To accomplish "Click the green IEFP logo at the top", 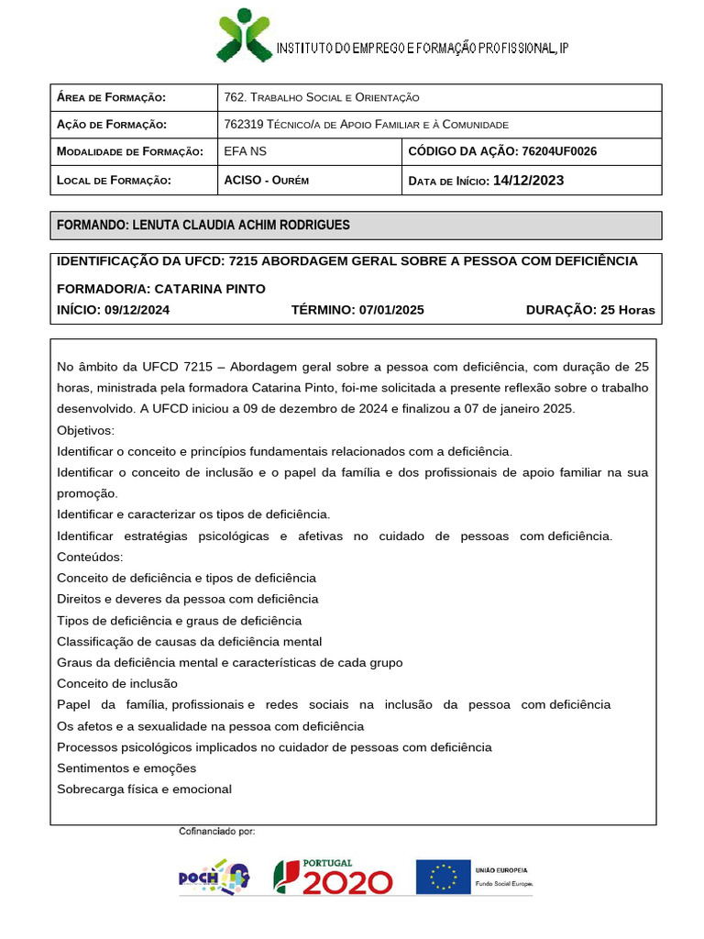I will pyautogui.click(x=244, y=35).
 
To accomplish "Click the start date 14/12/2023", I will pyautogui.click(x=528, y=181).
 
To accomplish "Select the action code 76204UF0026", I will pyautogui.click(x=558, y=151).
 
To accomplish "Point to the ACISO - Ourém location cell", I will pyautogui.click(x=267, y=181).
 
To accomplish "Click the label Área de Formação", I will pyautogui.click(x=111, y=98).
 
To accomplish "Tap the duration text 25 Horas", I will pyautogui.click(x=627, y=310).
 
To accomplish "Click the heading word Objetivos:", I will pyautogui.click(x=86, y=430).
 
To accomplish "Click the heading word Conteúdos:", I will pyautogui.click(x=89, y=557).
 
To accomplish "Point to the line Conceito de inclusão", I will pyautogui.click(x=117, y=683).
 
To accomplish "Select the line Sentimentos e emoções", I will pyautogui.click(x=126, y=768).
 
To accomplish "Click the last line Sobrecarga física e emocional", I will pyautogui.click(x=144, y=789).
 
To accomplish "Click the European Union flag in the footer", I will pyautogui.click(x=444, y=878).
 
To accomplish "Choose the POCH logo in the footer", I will pyautogui.click(x=214, y=878).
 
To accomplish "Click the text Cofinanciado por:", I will pyautogui.click(x=216, y=832).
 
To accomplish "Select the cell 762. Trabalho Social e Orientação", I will pyautogui.click(x=321, y=98).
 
